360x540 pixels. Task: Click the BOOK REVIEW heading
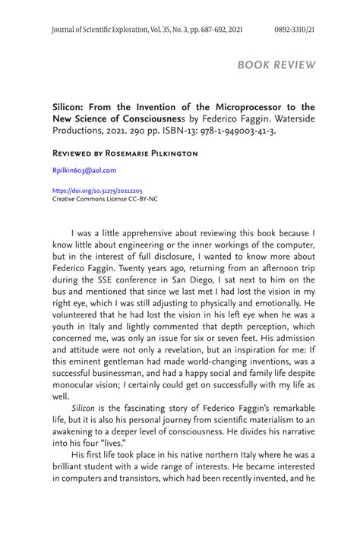(x=276, y=65)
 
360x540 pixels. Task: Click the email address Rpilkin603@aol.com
(x=84, y=171)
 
